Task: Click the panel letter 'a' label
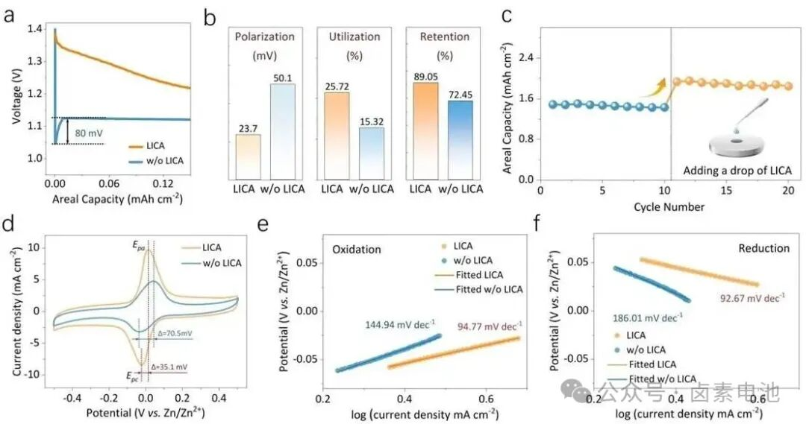10,13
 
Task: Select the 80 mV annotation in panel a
88,133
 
